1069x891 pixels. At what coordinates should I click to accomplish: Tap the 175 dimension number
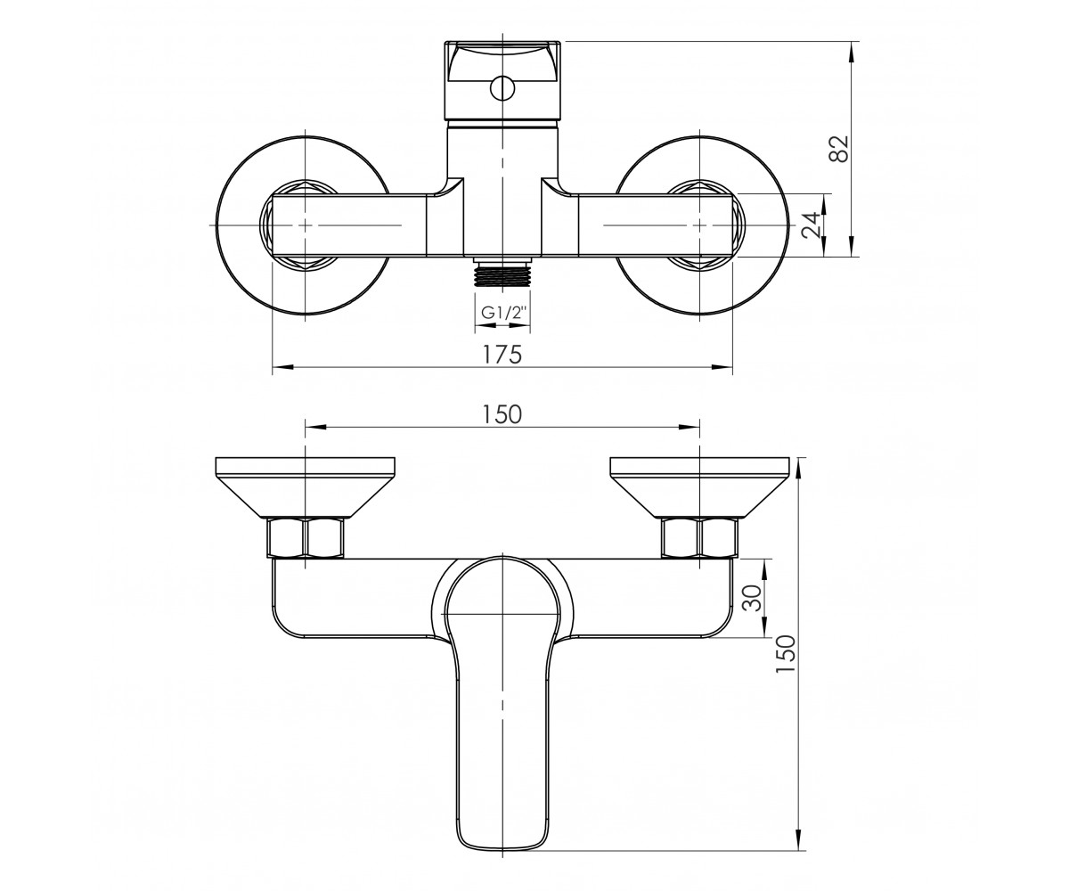(x=502, y=355)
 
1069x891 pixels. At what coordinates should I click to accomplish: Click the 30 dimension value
(x=752, y=598)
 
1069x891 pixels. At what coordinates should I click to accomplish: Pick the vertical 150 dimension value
(x=786, y=654)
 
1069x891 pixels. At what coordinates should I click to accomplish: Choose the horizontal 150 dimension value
(x=502, y=414)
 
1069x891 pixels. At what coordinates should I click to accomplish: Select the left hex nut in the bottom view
(x=306, y=537)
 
